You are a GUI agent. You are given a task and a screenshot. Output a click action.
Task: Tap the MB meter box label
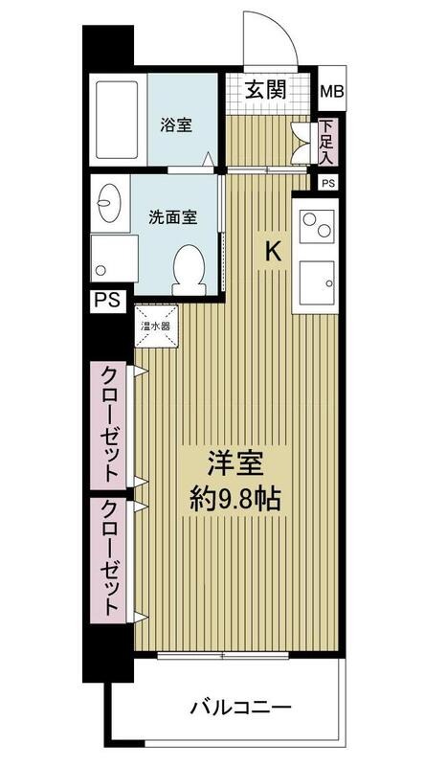[x=332, y=91]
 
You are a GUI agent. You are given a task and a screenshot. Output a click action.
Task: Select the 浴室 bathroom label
[x=176, y=125]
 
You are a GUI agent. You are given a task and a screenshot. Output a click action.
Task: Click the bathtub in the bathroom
[x=117, y=121]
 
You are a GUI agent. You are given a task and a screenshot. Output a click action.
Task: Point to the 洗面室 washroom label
[x=173, y=217]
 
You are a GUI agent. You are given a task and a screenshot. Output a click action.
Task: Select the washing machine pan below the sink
[x=114, y=258]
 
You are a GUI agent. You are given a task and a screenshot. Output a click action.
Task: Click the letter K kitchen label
[x=273, y=252]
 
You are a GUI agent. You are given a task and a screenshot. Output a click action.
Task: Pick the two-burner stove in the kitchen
[x=317, y=226]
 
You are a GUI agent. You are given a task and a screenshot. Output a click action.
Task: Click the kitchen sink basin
[x=317, y=282]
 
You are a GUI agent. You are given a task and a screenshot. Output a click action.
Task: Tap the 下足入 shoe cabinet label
[x=326, y=141]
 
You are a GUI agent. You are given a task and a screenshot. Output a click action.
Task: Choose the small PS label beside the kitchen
[x=328, y=183]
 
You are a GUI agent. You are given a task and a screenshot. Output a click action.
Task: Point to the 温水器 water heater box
[x=156, y=327]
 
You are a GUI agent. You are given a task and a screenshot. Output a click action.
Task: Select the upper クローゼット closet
[x=108, y=425]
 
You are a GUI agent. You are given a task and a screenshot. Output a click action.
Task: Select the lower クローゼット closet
[x=108, y=560]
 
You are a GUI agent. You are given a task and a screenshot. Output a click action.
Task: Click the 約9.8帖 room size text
[x=234, y=499]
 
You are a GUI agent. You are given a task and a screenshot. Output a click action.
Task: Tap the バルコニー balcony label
[x=241, y=707]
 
